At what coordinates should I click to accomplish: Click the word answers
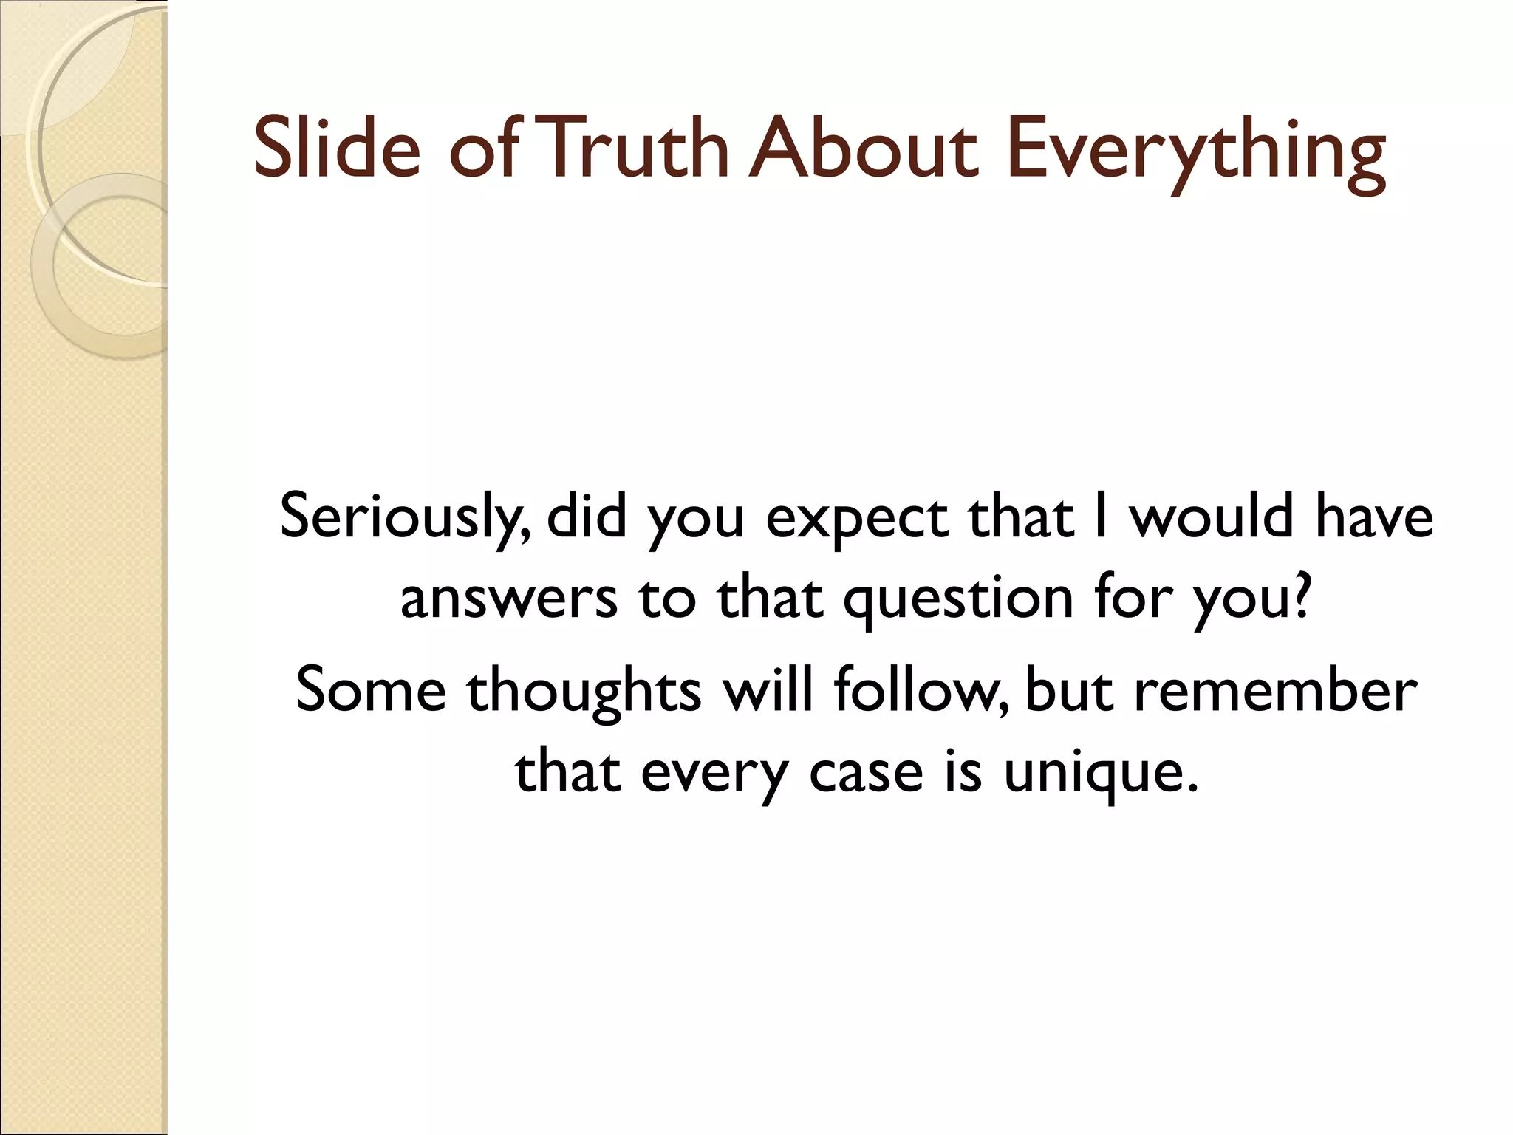pos(509,599)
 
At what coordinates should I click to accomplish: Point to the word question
pos(958,600)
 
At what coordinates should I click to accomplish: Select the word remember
pos(1275,690)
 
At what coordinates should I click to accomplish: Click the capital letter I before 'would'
pos(1101,516)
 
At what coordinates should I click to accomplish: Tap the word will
pos(768,689)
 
